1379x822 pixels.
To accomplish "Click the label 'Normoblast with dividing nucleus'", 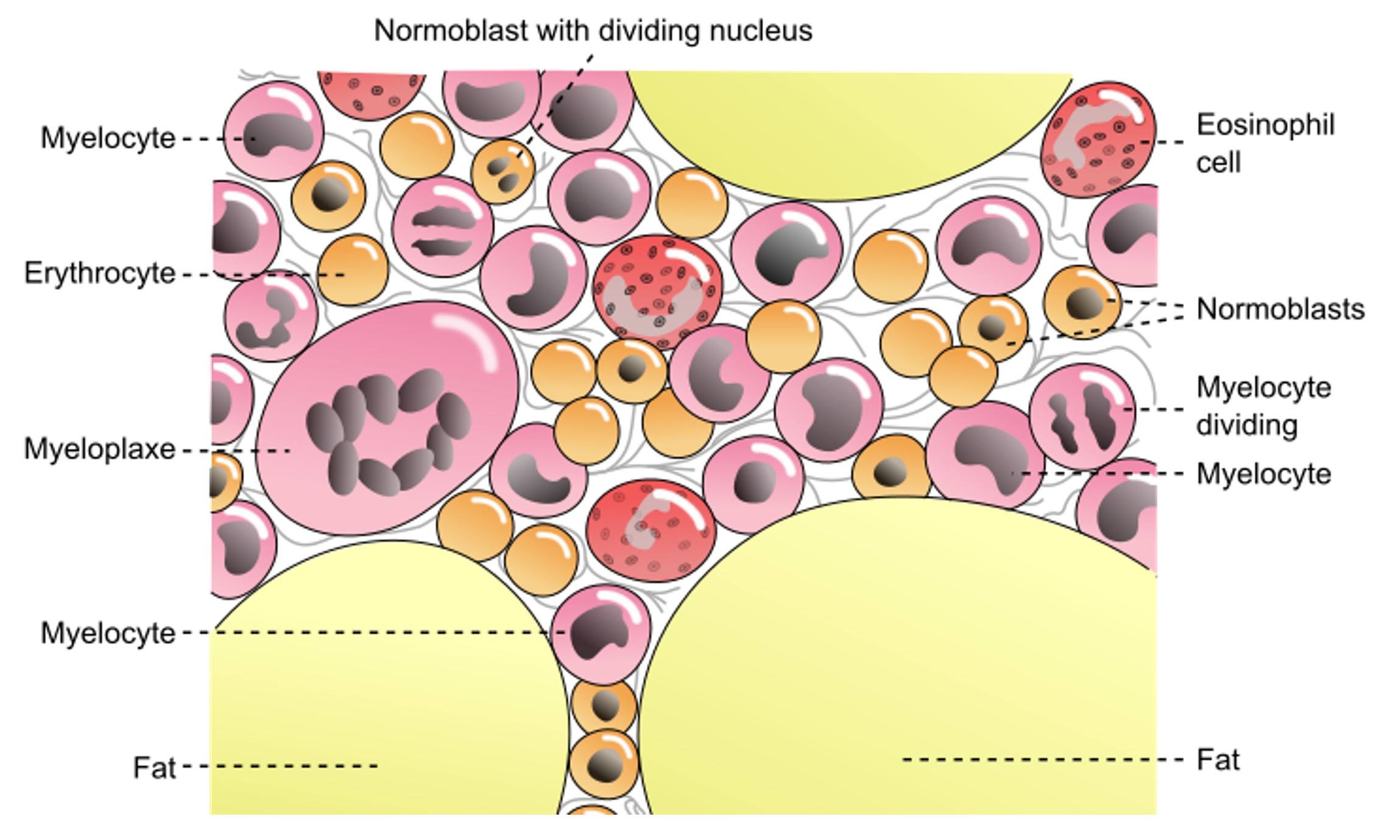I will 593,30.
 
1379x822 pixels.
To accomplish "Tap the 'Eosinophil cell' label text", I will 1264,143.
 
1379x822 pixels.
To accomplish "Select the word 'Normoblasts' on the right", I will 1280,309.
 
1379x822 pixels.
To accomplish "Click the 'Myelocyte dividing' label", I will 1263,406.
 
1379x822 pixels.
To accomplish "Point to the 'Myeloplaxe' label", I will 99,449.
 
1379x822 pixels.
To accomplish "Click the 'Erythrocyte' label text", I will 99,273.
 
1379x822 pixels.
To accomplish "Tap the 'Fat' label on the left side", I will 154,767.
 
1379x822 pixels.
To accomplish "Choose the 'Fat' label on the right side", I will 1218,760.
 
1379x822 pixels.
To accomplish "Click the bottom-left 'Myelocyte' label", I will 108,633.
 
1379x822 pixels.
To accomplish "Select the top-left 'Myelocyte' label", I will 108,138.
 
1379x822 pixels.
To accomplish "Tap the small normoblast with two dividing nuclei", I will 503,171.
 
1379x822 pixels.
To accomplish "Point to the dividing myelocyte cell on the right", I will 1082,417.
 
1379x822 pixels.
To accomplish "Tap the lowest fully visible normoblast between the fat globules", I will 604,764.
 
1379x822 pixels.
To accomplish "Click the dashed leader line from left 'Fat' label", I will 280,766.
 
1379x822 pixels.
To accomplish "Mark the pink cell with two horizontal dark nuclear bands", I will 442,227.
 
